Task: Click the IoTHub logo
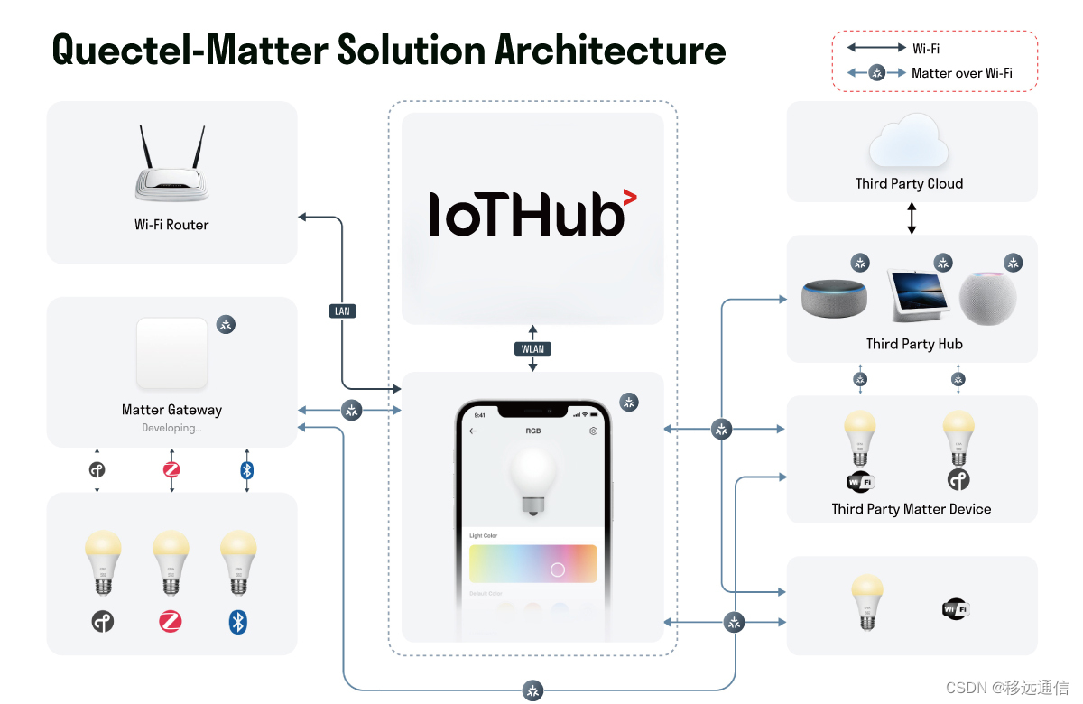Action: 532,214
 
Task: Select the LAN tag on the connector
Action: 342,310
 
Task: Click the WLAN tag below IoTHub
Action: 532,348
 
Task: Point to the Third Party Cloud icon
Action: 909,143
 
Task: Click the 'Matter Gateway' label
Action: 171,410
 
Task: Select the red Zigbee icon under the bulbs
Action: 171,621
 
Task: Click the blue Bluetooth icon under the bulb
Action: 238,621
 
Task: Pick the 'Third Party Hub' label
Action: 914,344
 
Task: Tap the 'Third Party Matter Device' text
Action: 912,509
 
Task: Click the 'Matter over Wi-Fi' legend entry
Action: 962,73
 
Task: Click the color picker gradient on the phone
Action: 532,564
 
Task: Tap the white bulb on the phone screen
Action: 532,478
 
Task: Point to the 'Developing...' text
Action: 171,428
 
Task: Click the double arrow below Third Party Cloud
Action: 912,218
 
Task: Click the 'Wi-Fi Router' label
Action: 171,225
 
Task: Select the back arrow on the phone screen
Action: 473,431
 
